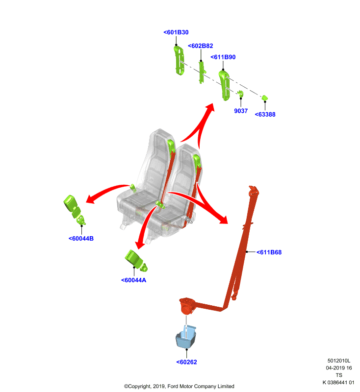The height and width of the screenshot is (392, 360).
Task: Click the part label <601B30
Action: pos(176,32)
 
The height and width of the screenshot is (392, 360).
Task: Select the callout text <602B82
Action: pos(201,46)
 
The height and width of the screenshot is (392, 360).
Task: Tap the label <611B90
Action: pos(223,57)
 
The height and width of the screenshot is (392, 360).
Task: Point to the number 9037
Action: pos(241,111)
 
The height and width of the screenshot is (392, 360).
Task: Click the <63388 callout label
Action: pos(265,114)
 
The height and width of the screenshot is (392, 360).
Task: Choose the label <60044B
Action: pos(81,239)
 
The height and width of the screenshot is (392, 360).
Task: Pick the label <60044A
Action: pos(133,280)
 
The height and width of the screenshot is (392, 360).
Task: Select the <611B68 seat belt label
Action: pos(269,252)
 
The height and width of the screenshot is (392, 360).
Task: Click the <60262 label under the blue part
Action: pos(187,362)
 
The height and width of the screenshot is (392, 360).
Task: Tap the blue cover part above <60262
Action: pos(185,337)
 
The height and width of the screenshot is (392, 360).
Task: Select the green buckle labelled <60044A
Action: pos(136,261)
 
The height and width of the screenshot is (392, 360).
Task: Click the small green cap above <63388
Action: pos(265,98)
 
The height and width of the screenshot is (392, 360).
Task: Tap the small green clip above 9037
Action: pos(240,94)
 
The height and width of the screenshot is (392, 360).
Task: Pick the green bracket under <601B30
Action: pos(179,60)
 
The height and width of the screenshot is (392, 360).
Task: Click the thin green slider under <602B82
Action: pos(202,73)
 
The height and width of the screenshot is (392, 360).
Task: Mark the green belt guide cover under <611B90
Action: pos(224,85)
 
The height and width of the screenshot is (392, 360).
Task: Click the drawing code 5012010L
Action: pos(339,361)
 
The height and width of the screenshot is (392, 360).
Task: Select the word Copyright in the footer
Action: pos(138,386)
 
